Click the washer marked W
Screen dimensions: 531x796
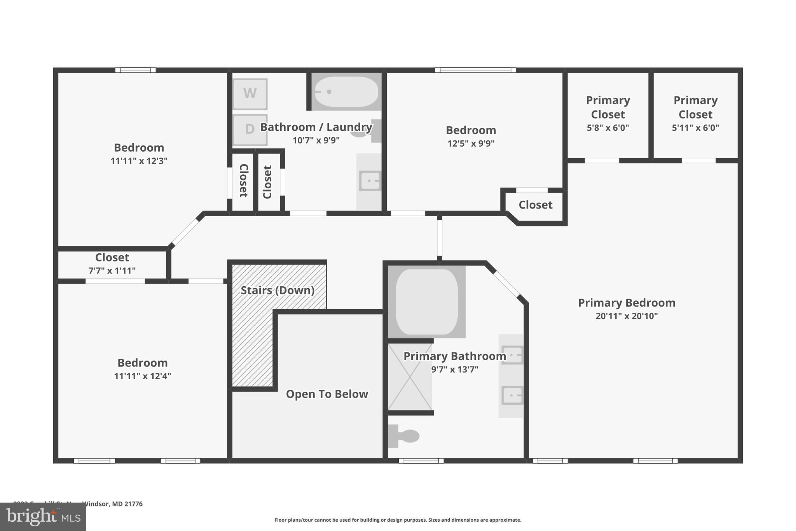click(x=250, y=94)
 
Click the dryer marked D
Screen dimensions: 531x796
click(x=250, y=129)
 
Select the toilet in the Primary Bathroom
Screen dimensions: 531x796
click(x=404, y=436)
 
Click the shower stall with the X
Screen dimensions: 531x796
click(x=410, y=377)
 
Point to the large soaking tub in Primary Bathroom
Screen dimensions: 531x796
click(x=426, y=302)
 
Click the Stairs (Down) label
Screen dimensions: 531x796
click(x=277, y=290)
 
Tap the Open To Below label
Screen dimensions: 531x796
click(x=327, y=394)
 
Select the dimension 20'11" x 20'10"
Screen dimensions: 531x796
click(x=627, y=316)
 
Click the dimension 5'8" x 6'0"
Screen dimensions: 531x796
click(x=607, y=128)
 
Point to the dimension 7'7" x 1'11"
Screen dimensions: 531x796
click(x=112, y=270)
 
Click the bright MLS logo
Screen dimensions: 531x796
click(x=43, y=517)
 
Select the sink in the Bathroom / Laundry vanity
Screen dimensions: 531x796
click(x=370, y=181)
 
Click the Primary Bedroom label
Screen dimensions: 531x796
click(x=627, y=303)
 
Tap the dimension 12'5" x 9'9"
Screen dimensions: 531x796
click(x=471, y=143)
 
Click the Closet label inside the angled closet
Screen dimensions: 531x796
click(x=535, y=205)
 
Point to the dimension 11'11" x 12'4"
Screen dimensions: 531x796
click(x=142, y=376)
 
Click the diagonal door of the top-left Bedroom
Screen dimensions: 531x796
click(x=186, y=232)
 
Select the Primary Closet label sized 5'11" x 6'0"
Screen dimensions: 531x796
click(x=695, y=107)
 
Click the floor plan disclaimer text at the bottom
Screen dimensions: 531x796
click(x=398, y=520)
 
